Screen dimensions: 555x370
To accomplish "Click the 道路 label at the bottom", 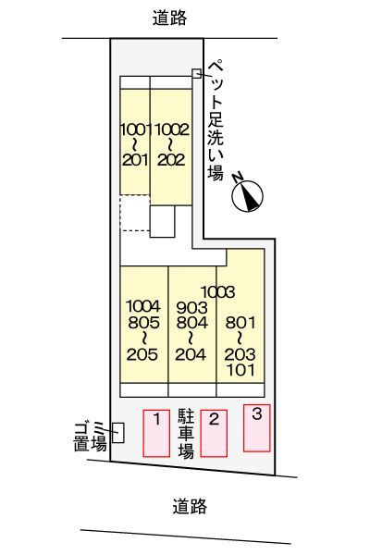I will (x=189, y=506).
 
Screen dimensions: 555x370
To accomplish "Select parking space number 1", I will (x=156, y=432).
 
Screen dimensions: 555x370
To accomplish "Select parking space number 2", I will (x=214, y=431).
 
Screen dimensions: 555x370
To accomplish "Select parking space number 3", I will (x=257, y=426).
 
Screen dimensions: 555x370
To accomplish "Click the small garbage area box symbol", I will (x=117, y=431).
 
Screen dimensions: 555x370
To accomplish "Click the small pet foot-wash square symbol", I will (x=196, y=74).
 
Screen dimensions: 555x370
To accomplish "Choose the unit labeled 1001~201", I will (x=135, y=143).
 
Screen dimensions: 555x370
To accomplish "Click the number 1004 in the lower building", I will (x=142, y=306).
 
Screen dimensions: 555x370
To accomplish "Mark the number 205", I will (x=142, y=353).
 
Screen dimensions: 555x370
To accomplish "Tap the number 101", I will (x=240, y=370).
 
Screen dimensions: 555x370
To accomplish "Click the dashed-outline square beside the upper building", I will (x=134, y=216).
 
